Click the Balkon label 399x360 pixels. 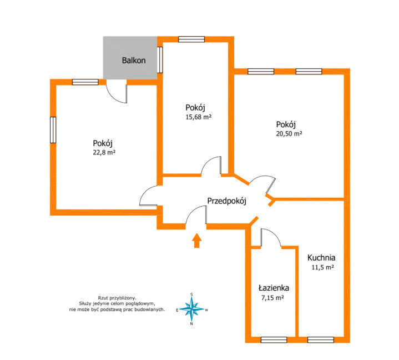coord(134,61)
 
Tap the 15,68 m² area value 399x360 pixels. coord(199,117)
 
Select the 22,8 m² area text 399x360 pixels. coord(104,152)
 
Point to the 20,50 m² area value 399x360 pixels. coord(289,133)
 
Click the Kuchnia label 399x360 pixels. coord(321,258)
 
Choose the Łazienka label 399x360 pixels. coord(274,288)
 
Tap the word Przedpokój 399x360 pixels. coord(227,201)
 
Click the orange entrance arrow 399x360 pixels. coord(196,240)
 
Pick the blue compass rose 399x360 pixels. coord(191,309)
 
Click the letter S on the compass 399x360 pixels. coord(191,294)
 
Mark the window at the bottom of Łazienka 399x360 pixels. coord(274,339)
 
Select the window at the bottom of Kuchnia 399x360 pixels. coord(321,339)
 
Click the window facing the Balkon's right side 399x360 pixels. coord(160,60)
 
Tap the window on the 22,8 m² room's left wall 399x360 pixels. coord(53,130)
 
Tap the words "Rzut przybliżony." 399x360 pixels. coord(117,298)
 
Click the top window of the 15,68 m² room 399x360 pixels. coord(191,39)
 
